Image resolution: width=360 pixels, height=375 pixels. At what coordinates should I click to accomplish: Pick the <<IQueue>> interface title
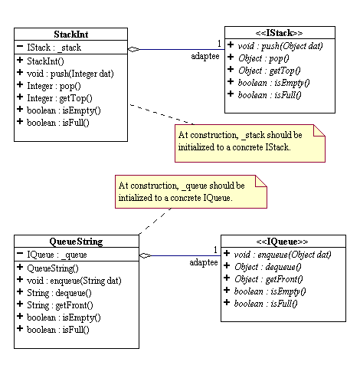pyautogui.click(x=282, y=241)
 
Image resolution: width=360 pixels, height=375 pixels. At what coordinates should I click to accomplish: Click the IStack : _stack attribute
pyautogui.click(x=51, y=47)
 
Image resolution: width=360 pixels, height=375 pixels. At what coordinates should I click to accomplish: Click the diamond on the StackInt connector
pyautogui.click(x=133, y=49)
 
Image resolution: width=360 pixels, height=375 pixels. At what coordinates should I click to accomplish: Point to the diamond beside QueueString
pyautogui.click(x=144, y=256)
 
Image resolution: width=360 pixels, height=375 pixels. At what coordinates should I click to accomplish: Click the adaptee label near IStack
pyautogui.click(x=206, y=57)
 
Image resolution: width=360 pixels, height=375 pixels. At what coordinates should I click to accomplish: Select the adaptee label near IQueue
pyautogui.click(x=204, y=263)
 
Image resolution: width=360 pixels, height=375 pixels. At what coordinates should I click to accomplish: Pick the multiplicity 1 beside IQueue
pyautogui.click(x=215, y=250)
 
